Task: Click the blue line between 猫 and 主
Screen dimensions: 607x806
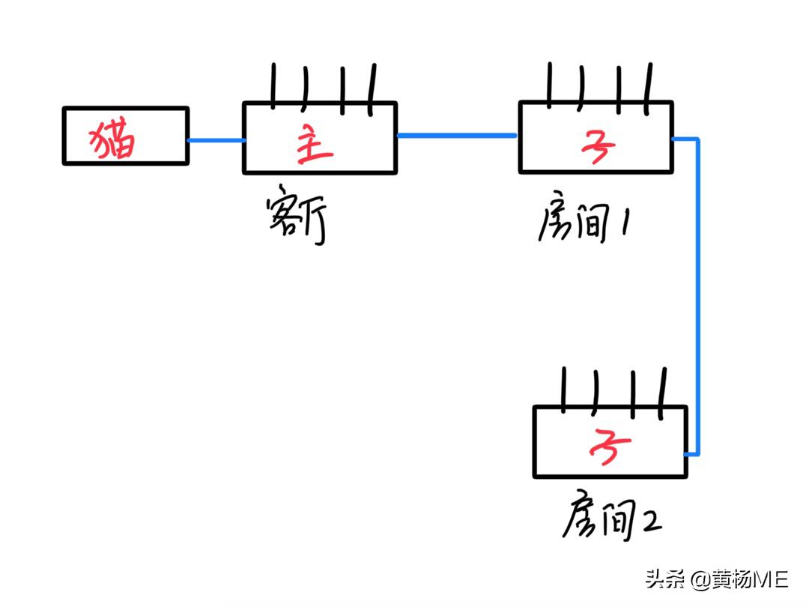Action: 215,140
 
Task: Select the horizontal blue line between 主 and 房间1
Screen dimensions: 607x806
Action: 457,136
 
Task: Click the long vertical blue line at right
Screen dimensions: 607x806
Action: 697,300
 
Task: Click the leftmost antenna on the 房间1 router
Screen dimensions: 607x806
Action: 551,82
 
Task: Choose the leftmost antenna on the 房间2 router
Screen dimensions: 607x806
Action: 564,388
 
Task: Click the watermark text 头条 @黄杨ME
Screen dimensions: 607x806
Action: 716,579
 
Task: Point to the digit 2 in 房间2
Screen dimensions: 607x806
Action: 649,521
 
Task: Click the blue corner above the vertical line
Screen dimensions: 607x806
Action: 696,140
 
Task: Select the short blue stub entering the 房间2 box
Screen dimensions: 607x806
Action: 691,453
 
